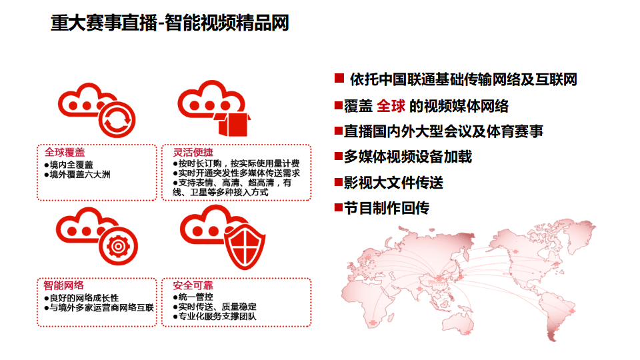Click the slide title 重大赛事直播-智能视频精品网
coord(170,24)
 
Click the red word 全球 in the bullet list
coord(391,105)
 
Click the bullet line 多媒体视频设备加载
coord(407,157)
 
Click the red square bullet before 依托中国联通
coord(339,79)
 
